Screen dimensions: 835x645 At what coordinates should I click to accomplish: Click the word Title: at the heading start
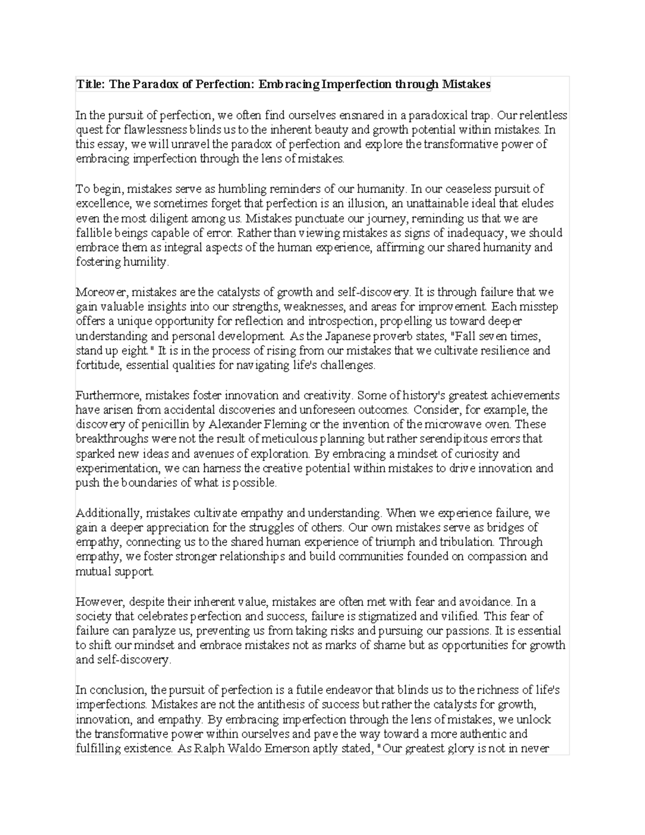click(x=91, y=84)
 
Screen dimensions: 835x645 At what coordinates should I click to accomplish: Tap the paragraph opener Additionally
click(x=109, y=513)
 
